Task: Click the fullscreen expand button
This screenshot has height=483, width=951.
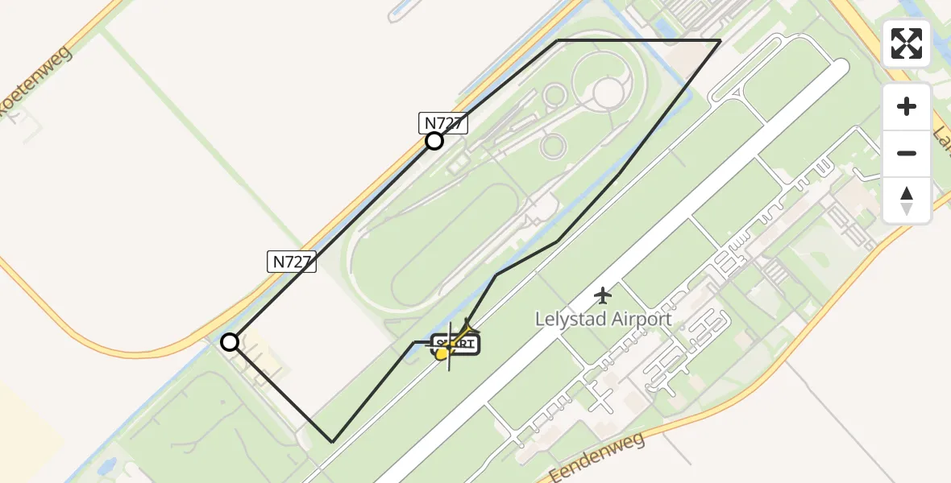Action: point(907,43)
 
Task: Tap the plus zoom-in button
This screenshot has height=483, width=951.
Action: point(907,106)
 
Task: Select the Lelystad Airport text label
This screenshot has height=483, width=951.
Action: point(603,319)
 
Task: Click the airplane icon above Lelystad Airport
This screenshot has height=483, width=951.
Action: point(603,295)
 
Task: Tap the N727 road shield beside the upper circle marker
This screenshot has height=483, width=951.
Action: point(443,122)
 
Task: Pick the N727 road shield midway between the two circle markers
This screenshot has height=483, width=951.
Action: point(292,261)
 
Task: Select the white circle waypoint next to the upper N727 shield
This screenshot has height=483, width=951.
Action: point(434,142)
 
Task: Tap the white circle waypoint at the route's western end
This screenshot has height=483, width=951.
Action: point(230,343)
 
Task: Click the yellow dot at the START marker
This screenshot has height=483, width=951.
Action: point(442,353)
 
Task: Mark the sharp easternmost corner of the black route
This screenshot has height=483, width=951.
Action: point(720,40)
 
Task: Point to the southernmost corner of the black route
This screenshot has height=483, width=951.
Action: point(332,441)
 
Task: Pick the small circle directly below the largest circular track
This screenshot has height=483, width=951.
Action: point(553,146)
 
